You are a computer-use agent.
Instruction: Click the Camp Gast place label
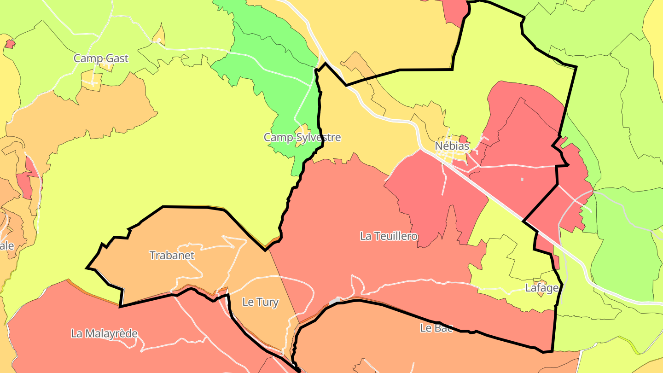click(101, 58)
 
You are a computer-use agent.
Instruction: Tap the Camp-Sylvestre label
click(302, 137)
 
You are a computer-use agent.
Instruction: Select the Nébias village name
click(452, 146)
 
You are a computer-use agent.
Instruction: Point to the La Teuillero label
click(389, 236)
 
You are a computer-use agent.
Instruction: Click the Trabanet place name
click(172, 255)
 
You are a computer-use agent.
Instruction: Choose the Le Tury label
click(260, 303)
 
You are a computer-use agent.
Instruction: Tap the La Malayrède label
click(104, 333)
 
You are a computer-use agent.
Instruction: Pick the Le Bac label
click(436, 328)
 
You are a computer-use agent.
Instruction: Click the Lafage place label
click(542, 288)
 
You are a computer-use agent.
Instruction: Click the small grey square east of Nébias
click(522, 179)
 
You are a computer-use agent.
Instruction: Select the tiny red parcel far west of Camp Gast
click(10, 44)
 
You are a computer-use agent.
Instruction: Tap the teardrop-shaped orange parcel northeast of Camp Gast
click(159, 35)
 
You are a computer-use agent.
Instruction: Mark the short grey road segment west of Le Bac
click(335, 300)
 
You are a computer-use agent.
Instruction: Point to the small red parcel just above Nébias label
click(463, 139)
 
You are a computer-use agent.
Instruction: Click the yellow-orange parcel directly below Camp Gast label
click(92, 79)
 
